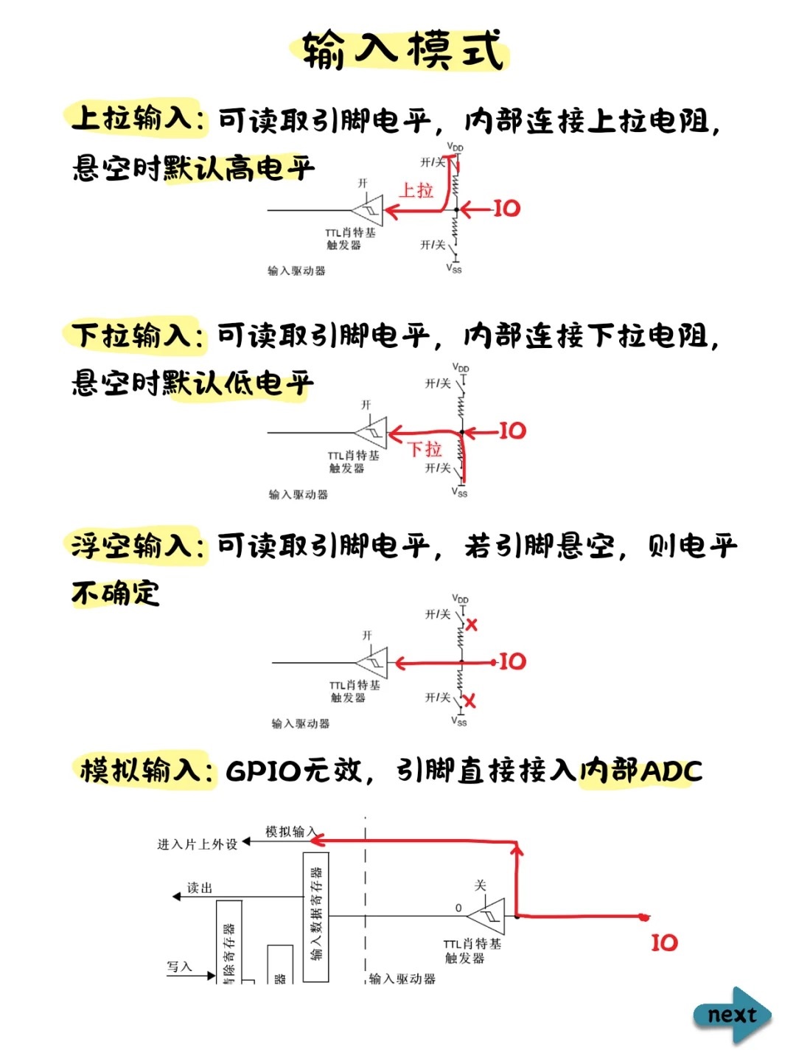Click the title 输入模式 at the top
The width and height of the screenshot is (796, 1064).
(402, 50)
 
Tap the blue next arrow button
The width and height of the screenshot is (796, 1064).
(732, 1015)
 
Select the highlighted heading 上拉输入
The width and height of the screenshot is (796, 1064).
(133, 118)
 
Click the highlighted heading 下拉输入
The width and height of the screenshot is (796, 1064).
(133, 335)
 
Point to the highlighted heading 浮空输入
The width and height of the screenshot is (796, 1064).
(133, 546)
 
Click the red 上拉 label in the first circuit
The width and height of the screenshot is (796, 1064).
(416, 190)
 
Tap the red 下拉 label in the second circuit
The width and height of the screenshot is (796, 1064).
(425, 449)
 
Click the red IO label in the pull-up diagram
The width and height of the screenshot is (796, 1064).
(506, 209)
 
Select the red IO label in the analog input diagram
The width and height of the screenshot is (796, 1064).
(664, 942)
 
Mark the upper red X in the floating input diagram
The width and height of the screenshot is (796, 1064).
(472, 625)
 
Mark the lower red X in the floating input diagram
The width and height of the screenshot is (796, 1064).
(469, 700)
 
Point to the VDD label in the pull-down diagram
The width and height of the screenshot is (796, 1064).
(461, 367)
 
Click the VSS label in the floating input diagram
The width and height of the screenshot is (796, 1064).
(459, 722)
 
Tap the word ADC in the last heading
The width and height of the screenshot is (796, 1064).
(671, 771)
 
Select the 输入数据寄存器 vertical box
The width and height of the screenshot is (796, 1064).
(316, 917)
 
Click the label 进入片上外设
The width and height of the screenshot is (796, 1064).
(198, 844)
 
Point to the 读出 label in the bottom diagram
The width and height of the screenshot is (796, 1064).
(200, 889)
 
